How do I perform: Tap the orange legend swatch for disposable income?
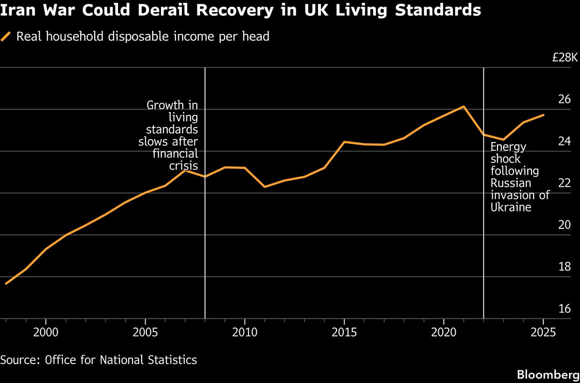pos(6,37)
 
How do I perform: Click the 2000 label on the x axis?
pos(45,333)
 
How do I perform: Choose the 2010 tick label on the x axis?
pos(245,333)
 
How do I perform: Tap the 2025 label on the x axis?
pos(543,333)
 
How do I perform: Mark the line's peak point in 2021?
pos(464,106)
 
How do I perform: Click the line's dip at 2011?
pos(264,186)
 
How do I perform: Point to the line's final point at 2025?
pos(543,115)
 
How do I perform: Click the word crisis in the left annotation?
pos(183,166)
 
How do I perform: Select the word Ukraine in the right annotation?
pos(511,207)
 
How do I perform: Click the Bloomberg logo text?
pos(547,374)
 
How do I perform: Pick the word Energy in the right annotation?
pos(508,147)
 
